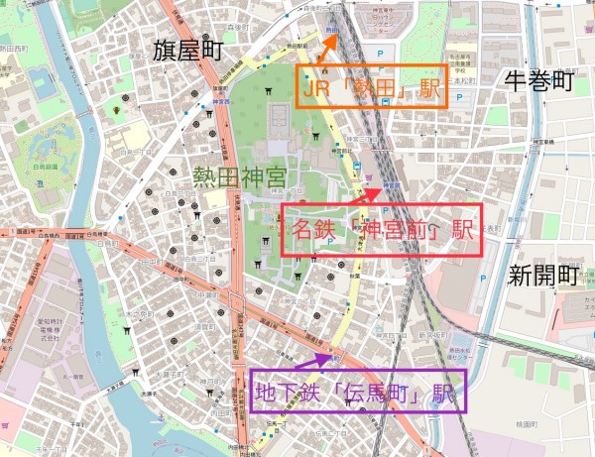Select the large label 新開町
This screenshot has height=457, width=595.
point(541,275)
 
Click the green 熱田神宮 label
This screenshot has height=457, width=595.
point(239,179)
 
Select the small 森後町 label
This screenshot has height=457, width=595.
point(236,27)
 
